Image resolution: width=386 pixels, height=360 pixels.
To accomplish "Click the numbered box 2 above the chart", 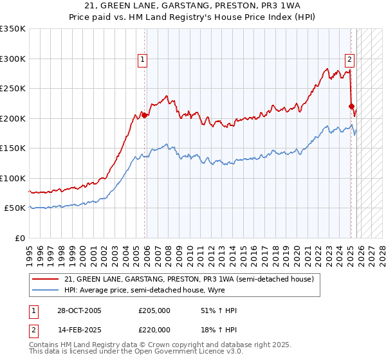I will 349,60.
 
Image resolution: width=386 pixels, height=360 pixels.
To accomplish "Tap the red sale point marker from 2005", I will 145,116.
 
